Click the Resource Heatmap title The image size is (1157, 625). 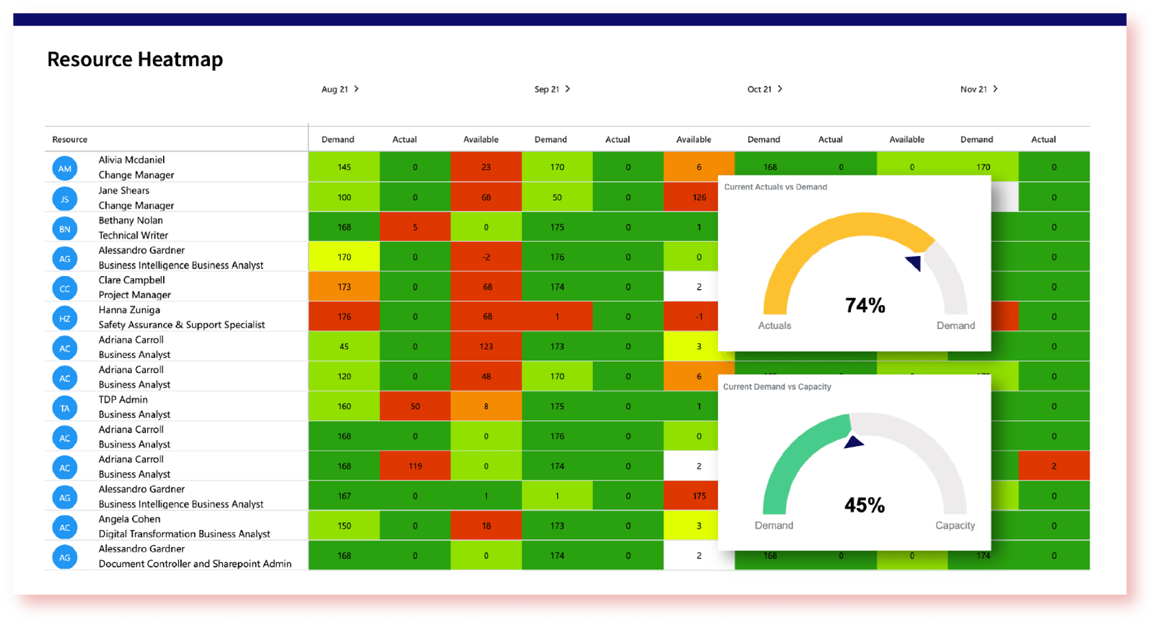pos(135,59)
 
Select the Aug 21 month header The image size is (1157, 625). pos(335,89)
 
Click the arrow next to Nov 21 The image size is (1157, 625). pos(995,89)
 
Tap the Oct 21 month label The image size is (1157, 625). pos(759,89)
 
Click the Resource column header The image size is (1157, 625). pos(69,139)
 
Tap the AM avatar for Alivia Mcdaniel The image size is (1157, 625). pos(65,169)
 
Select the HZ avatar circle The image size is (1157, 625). pos(65,318)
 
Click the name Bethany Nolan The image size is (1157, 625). pos(131,220)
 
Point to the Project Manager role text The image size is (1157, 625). pos(134,295)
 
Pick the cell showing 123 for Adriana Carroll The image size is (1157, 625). pos(486,346)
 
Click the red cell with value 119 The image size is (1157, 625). pos(415,466)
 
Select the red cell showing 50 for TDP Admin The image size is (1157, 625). pos(415,406)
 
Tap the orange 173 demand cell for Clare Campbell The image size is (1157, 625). pos(344,286)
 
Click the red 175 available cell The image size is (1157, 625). pos(699,496)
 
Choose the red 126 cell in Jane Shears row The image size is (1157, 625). pos(699,198)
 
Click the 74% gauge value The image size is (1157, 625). pos(865,305)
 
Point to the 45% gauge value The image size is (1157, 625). pos(865,505)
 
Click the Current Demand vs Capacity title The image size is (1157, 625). pos(777,387)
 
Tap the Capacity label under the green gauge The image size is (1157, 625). pos(955,525)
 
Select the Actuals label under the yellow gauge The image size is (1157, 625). pos(775,326)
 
